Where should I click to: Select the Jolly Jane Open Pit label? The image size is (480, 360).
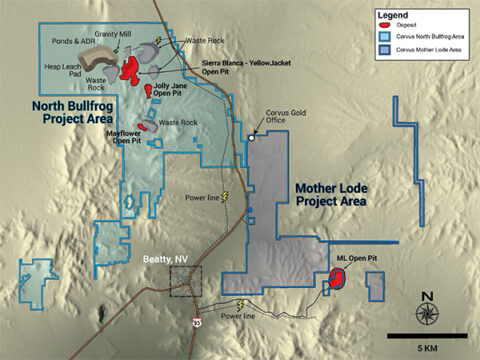click(179, 93)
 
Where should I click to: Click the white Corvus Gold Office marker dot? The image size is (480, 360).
click(251, 137)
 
